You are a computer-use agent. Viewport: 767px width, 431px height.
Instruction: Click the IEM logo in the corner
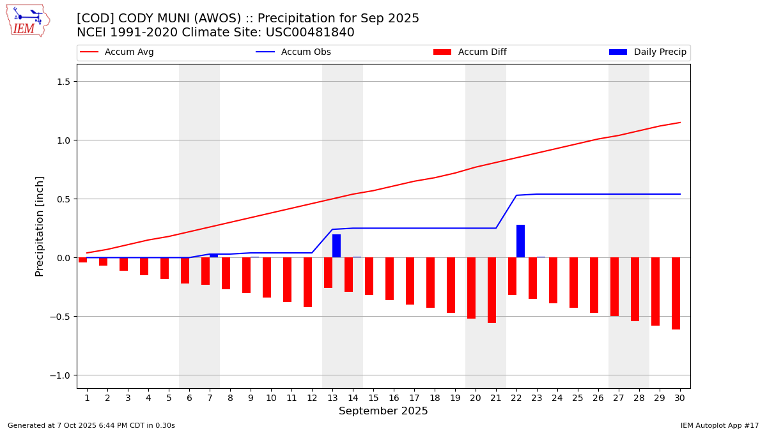[x=27, y=20]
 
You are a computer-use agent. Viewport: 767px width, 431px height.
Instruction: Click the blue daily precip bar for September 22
[x=520, y=241]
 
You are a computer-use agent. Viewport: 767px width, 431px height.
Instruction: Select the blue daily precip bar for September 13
[x=336, y=246]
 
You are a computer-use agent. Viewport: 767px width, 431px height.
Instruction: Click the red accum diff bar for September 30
[x=676, y=293]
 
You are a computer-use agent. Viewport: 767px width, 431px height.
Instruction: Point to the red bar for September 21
[x=492, y=290]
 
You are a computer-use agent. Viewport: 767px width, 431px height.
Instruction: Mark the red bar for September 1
[x=82, y=260]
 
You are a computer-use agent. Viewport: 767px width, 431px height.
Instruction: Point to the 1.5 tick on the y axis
[x=67, y=82]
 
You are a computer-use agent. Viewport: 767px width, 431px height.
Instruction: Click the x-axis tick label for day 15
[x=373, y=398]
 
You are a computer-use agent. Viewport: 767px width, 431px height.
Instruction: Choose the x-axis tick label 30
[x=679, y=398]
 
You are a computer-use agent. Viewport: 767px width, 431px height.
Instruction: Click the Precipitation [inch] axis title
[x=40, y=226]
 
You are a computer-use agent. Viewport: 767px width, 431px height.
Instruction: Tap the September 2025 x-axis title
[x=383, y=411]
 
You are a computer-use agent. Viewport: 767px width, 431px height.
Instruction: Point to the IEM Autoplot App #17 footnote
[x=720, y=425]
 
